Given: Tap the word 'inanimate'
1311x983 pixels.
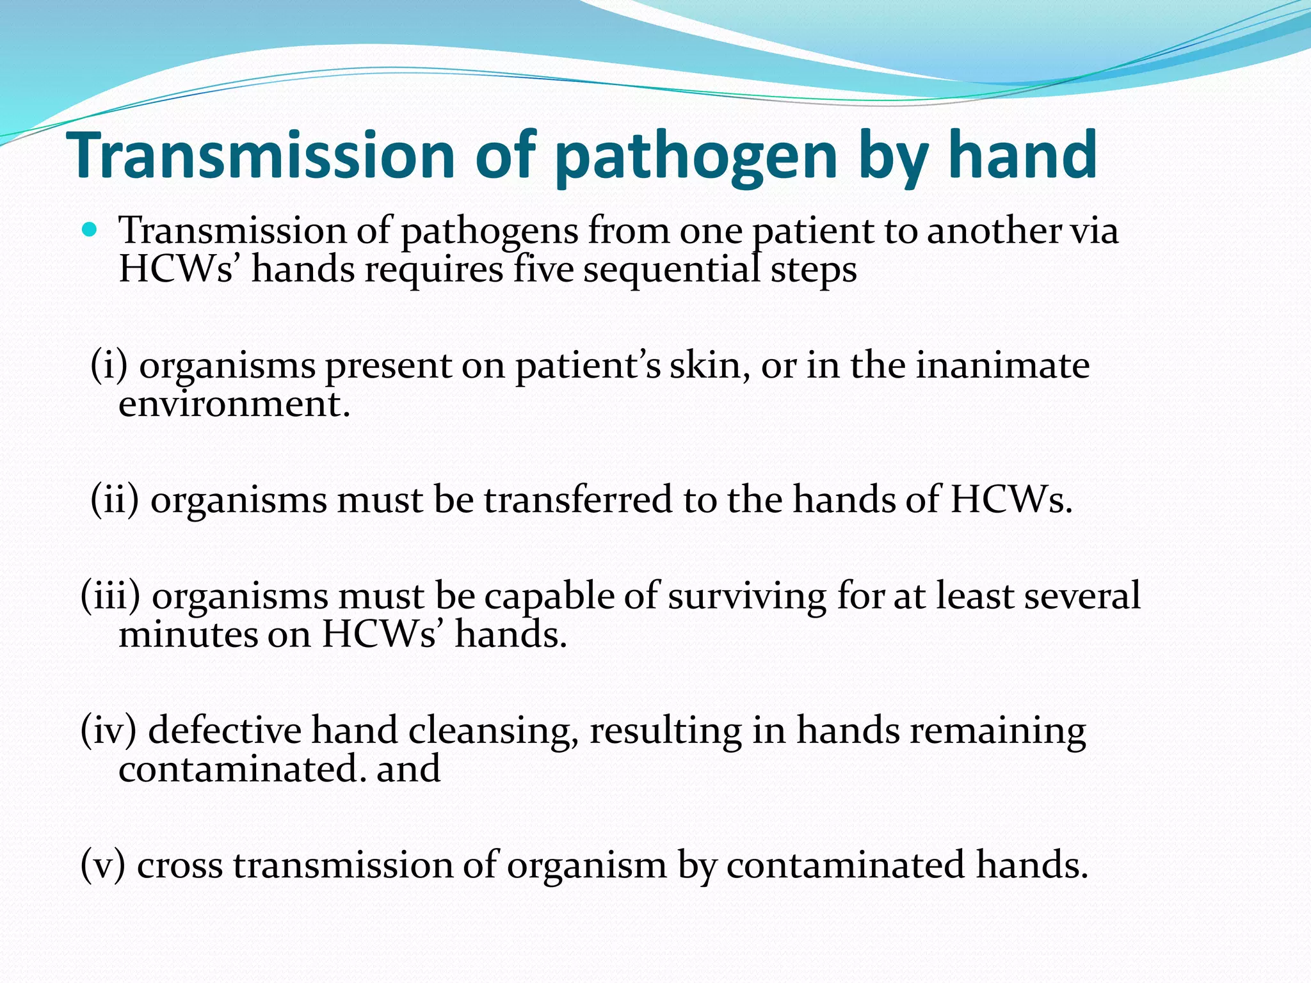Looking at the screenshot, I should (x=1002, y=365).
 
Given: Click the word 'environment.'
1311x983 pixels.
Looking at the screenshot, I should (x=234, y=404).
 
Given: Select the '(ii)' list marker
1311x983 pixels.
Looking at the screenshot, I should (x=115, y=500).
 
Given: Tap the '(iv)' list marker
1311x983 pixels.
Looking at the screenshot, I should (x=109, y=731).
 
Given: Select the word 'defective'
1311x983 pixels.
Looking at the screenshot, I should (x=225, y=730).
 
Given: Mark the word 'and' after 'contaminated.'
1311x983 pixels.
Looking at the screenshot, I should (x=408, y=769).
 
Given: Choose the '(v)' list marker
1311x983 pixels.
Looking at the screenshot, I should (x=103, y=865).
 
